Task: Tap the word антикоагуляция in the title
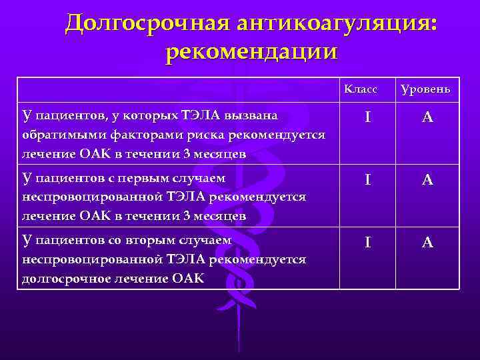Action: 327,23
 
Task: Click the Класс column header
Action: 361,89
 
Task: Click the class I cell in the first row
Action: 368,117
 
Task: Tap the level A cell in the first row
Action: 428,117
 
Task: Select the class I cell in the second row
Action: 368,180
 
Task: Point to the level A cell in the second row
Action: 428,180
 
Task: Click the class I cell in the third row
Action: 368,243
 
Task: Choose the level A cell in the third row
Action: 428,243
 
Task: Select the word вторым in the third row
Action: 124,241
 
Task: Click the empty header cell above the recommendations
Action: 178,89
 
